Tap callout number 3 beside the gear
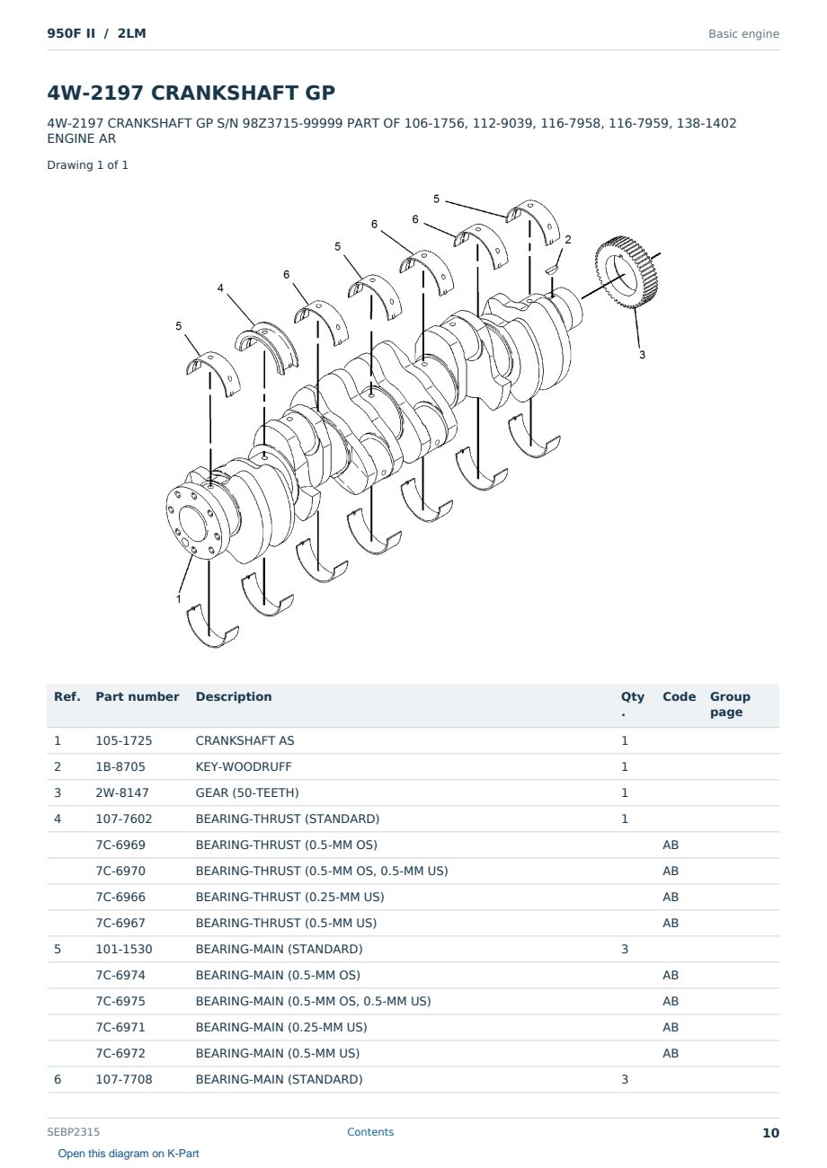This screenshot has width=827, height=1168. point(643,355)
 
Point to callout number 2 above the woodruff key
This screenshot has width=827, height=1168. point(568,239)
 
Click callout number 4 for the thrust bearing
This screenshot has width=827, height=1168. point(220,288)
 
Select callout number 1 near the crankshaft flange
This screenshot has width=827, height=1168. point(179,598)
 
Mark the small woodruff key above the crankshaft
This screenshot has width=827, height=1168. point(552,270)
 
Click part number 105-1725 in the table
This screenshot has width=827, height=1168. point(124,740)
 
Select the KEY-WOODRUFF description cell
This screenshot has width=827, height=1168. point(244,766)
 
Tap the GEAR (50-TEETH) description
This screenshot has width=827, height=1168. point(247,792)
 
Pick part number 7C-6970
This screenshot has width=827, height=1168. point(120,871)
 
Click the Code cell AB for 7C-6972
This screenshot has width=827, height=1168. point(671,1053)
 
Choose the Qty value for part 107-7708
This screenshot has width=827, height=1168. point(625,1079)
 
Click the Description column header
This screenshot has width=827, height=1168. point(234,696)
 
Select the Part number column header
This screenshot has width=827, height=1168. point(138,696)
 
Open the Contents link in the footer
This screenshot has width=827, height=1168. point(370,1132)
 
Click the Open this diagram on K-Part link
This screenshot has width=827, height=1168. point(129,1154)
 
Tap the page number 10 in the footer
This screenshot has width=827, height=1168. point(770,1133)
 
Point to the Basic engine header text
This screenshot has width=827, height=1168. point(743,34)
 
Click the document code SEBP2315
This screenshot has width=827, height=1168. point(73,1132)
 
